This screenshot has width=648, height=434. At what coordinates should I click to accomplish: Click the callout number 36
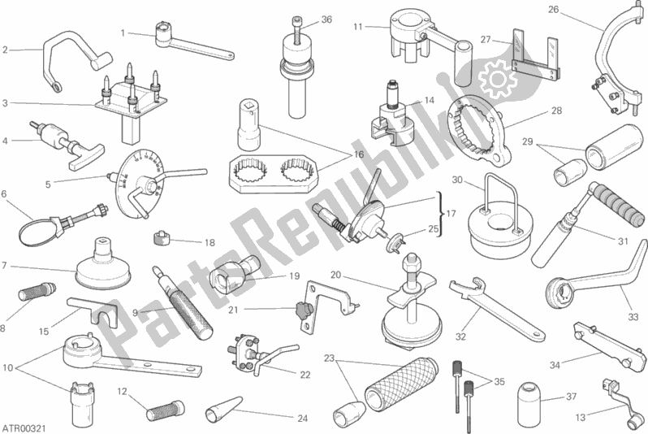pyautogui.click(x=326, y=19)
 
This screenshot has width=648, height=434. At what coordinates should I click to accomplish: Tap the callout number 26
pyautogui.click(x=553, y=10)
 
